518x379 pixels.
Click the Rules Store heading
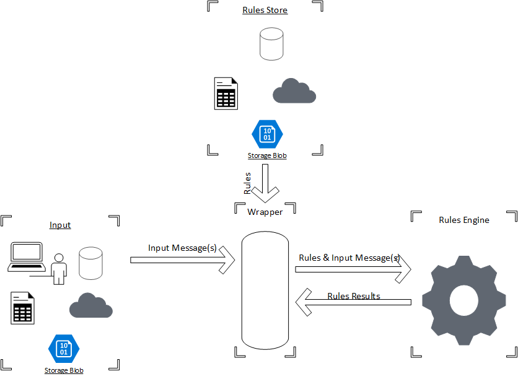coord(265,10)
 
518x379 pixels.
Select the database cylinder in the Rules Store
coord(271,44)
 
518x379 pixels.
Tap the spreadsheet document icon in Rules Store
coord(226,94)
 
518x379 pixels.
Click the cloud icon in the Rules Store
coord(294,92)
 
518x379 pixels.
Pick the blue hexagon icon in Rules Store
coord(267,134)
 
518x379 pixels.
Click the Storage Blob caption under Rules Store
coord(267,155)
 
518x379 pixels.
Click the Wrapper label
coord(265,212)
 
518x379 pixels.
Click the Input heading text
coord(60,225)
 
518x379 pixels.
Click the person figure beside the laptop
coord(59,269)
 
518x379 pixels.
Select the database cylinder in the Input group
coord(90,263)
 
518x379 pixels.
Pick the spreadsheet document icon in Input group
coord(22,308)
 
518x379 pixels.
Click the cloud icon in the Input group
coord(91,306)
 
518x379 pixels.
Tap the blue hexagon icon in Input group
coord(64,348)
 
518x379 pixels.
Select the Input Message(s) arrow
coord(182,260)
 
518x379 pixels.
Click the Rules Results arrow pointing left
coord(353,302)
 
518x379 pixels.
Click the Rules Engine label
coord(463,220)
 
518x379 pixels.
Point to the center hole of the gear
coord(464,300)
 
